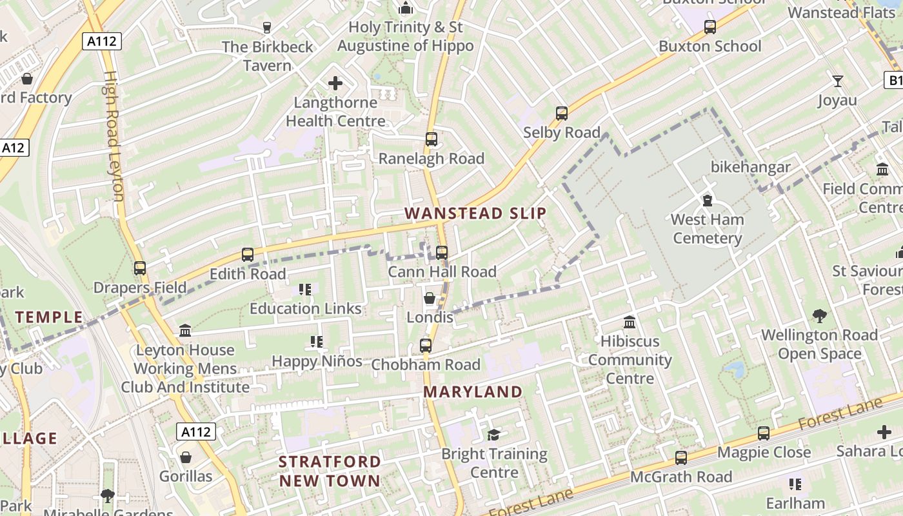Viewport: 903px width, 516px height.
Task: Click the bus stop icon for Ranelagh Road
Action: [432, 139]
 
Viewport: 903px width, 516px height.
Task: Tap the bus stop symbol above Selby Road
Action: [562, 114]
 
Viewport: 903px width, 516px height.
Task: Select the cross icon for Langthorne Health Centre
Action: [335, 83]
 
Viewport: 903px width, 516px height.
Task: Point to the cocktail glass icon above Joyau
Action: [838, 81]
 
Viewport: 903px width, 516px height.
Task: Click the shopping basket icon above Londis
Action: [430, 298]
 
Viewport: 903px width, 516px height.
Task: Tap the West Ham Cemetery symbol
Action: [708, 200]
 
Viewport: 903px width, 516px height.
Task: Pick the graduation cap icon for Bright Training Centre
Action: [494, 435]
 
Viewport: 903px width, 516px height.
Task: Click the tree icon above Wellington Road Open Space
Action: [819, 316]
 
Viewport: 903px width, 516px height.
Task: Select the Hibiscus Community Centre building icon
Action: [630, 322]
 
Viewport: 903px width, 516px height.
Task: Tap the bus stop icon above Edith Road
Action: [248, 255]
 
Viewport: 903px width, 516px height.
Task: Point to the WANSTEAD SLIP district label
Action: [475, 213]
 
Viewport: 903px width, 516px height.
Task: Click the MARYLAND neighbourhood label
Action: [473, 392]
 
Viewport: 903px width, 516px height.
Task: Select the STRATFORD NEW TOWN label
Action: [330, 471]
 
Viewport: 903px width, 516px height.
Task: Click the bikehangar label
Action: [751, 167]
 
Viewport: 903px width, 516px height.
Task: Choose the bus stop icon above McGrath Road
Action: [681, 458]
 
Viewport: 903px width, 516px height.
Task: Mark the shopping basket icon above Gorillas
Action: [186, 457]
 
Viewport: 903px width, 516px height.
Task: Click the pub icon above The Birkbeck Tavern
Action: [267, 28]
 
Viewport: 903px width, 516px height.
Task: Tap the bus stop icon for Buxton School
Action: [710, 27]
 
